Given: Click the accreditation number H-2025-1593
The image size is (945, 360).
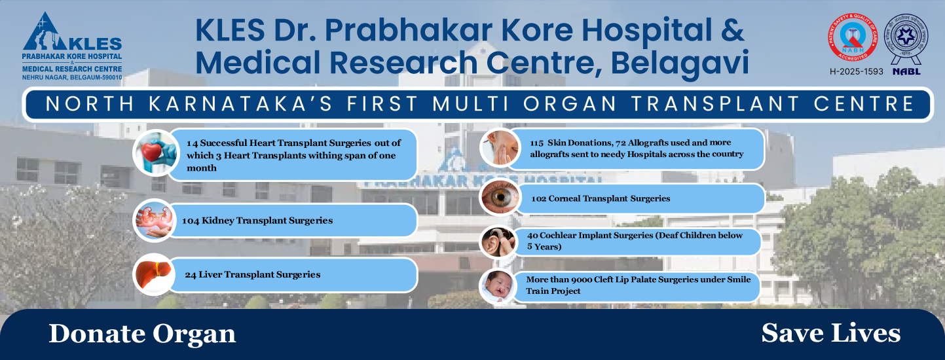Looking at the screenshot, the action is (x=856, y=71).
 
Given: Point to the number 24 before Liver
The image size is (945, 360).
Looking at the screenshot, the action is (x=191, y=275).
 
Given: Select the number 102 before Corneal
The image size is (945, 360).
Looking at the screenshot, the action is (x=539, y=198).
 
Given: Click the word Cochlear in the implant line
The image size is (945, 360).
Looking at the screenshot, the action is (x=558, y=235).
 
